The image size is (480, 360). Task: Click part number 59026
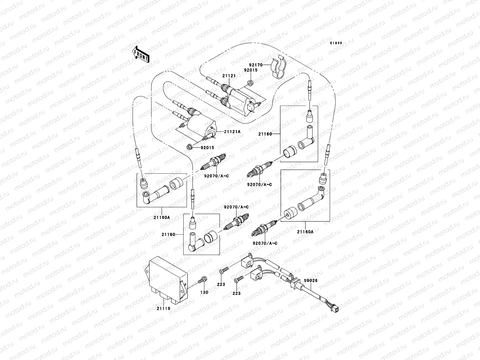(x=311, y=281)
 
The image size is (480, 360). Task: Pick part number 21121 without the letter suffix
(x=229, y=76)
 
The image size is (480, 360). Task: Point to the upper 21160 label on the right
(x=265, y=134)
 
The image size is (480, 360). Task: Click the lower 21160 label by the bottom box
(x=168, y=234)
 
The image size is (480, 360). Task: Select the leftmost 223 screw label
(x=221, y=284)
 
